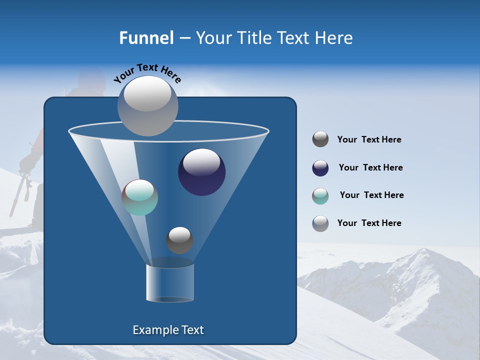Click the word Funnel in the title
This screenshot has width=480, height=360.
click(146, 38)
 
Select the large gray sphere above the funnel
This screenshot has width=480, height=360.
click(147, 105)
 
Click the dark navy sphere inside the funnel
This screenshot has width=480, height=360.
click(201, 172)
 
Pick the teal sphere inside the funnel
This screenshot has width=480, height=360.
click(139, 197)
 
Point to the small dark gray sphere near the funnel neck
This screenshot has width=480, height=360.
click(179, 240)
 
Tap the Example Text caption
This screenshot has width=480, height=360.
click(168, 330)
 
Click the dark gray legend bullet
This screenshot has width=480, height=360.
click(320, 139)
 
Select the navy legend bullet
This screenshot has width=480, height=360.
click(320, 168)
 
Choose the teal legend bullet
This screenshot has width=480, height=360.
click(320, 196)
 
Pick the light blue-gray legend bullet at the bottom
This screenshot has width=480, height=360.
click(320, 223)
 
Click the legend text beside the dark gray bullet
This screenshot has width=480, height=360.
click(369, 139)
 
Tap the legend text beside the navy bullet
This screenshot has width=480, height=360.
click(370, 167)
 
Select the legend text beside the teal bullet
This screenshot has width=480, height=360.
click(371, 195)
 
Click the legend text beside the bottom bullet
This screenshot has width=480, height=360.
click(369, 223)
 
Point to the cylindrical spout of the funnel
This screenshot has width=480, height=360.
click(169, 283)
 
